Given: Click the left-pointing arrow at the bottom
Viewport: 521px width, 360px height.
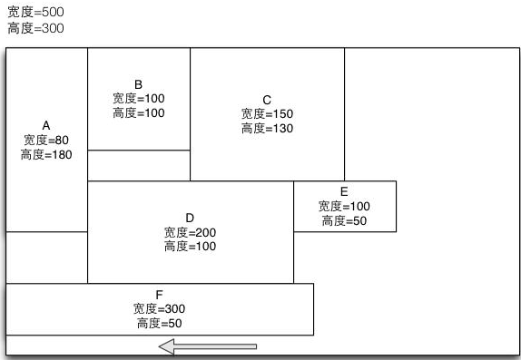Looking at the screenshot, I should (x=208, y=345).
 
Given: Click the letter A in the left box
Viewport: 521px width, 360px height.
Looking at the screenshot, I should (x=46, y=126).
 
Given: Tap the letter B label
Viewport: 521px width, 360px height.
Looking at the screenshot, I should (x=139, y=84).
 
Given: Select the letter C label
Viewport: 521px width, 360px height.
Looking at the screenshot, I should (x=267, y=100).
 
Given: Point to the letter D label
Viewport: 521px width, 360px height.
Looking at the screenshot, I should (x=190, y=218).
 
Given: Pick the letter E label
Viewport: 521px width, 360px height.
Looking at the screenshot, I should (x=344, y=191).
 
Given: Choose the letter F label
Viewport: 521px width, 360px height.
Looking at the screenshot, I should (x=159, y=295).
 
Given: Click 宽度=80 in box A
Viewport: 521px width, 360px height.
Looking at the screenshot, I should (x=46, y=141).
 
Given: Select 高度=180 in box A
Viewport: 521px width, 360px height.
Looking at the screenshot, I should (x=46, y=155).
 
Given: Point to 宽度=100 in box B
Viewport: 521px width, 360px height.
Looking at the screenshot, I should (x=139, y=98).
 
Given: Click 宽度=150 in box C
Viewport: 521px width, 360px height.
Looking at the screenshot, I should (x=267, y=114).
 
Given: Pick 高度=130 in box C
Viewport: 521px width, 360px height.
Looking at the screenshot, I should (x=267, y=129).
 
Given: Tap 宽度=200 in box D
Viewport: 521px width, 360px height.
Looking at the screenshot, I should (x=190, y=232).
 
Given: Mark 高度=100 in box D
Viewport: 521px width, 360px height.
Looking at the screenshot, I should (x=190, y=247).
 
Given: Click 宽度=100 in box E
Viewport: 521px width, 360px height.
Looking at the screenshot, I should (x=344, y=206).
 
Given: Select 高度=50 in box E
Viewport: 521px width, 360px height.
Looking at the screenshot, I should (x=344, y=220).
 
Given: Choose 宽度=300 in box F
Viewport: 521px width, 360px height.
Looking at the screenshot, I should (x=159, y=309).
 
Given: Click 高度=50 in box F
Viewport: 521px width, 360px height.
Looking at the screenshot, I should (x=159, y=324).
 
